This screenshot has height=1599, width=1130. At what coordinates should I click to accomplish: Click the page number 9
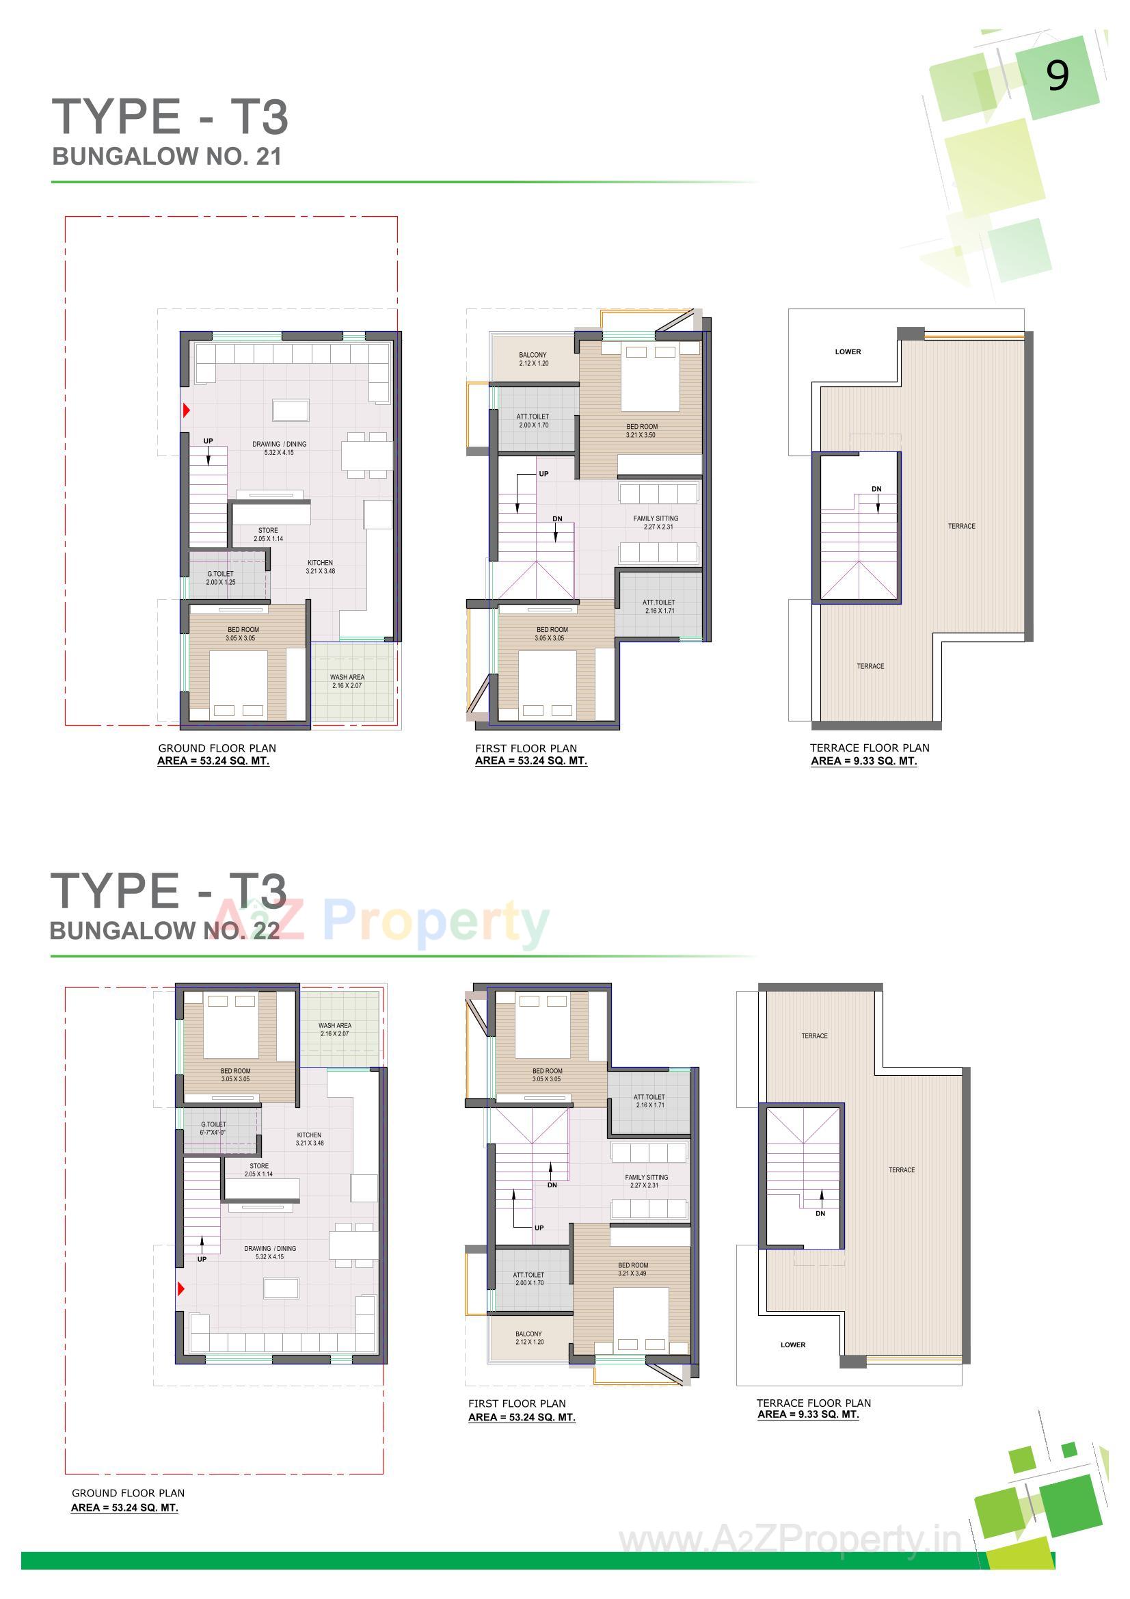[1057, 76]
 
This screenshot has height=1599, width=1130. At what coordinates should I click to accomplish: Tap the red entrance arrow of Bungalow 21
[186, 410]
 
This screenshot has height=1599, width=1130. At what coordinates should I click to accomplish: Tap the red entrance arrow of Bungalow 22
[181, 1289]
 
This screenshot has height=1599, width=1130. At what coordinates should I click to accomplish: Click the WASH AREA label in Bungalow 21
[347, 681]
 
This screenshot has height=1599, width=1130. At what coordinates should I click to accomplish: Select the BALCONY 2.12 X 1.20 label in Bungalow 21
[533, 359]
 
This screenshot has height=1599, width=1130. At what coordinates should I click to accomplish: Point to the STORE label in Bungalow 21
[268, 534]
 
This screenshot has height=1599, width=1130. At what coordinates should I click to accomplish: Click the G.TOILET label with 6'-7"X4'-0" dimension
[213, 1128]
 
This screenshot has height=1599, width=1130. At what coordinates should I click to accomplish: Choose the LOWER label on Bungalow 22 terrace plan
[792, 1345]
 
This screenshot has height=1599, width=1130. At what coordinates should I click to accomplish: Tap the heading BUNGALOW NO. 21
[167, 157]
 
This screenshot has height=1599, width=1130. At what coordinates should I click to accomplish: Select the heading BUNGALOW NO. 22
[165, 930]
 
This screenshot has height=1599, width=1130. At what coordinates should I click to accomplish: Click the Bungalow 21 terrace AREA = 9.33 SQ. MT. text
[863, 761]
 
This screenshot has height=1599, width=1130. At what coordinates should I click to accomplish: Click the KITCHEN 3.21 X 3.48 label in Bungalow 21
[321, 567]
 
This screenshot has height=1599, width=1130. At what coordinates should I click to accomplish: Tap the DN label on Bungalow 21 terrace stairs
[876, 489]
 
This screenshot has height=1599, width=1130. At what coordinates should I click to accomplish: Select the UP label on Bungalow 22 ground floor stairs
[202, 1259]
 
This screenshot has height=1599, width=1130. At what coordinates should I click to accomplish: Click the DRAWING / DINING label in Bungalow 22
[270, 1252]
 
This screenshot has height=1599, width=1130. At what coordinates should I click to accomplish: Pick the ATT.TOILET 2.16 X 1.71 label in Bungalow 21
[658, 606]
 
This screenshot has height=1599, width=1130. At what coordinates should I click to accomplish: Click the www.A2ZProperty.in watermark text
[790, 1540]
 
